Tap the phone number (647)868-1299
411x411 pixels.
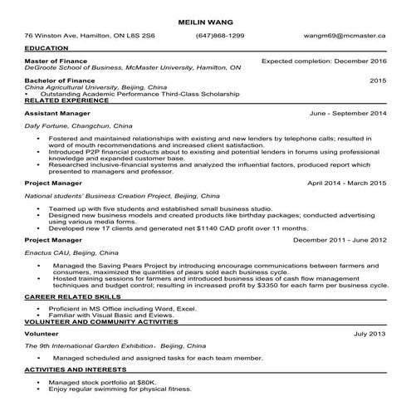click(220, 37)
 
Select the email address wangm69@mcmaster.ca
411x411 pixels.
click(352, 37)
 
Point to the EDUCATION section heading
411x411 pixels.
click(47, 49)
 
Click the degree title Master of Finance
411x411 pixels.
click(58, 61)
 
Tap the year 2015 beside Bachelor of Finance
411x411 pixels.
click(378, 81)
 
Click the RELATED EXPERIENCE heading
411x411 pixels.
click(68, 100)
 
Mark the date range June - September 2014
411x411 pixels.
click(347, 112)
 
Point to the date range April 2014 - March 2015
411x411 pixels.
click(346, 182)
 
